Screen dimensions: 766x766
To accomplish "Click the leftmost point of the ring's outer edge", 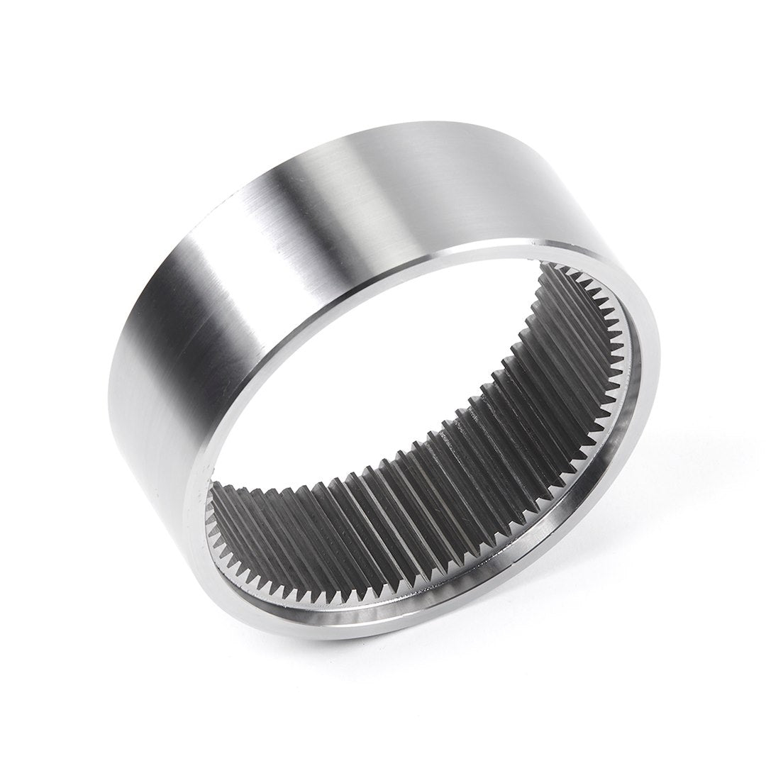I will coord(107,397).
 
